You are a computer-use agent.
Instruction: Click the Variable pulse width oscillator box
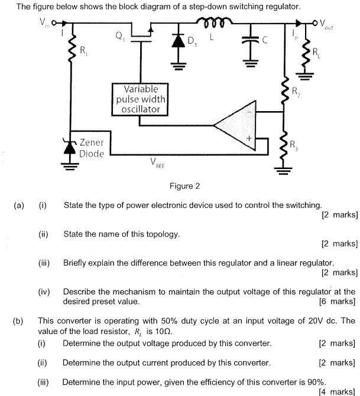click(x=139, y=99)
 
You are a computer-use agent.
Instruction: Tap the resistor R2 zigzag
click(x=285, y=92)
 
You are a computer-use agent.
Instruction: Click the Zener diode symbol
click(x=71, y=147)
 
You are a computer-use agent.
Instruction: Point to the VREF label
click(x=157, y=164)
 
